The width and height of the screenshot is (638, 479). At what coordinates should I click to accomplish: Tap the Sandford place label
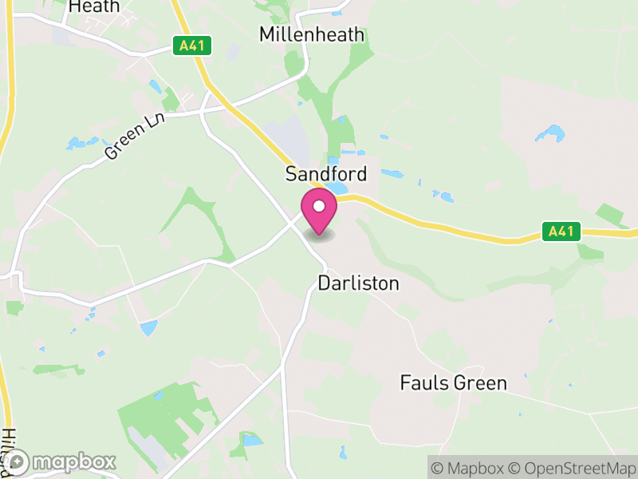coord(327,174)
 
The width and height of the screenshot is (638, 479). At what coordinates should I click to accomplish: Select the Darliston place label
coord(358,283)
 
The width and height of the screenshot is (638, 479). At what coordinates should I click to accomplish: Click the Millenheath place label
coord(312,34)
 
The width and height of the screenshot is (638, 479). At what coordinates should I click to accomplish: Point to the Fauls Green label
coord(453,383)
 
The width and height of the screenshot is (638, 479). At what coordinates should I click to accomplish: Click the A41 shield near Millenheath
coord(193,46)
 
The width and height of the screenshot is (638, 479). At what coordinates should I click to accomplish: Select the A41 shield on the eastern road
coord(561,232)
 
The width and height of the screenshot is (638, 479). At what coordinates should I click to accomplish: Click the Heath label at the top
coord(94,6)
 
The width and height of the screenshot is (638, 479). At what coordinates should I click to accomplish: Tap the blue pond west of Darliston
coord(148,327)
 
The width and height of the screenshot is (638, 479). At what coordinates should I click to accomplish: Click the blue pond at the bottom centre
coord(252,440)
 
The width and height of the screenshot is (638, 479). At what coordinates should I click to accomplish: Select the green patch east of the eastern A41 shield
coord(611,214)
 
